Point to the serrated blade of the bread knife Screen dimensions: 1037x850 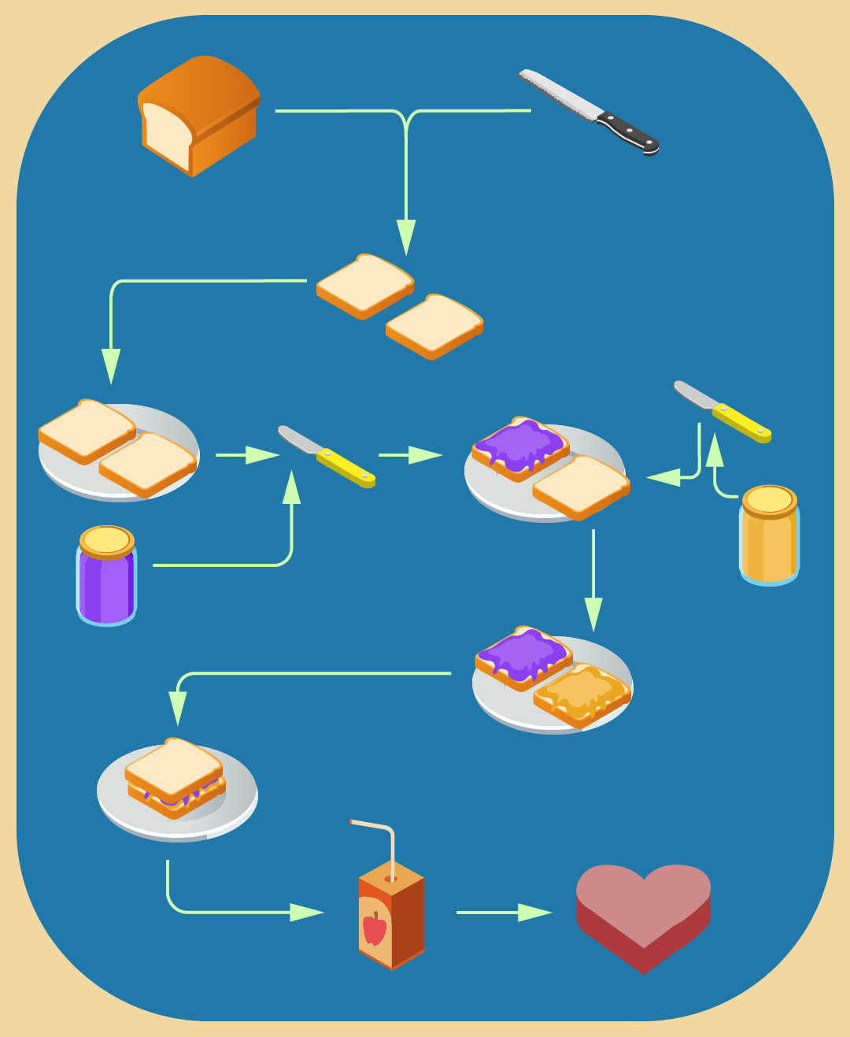click(559, 94)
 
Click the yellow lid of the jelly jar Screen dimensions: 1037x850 click(107, 540)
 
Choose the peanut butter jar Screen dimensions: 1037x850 click(769, 543)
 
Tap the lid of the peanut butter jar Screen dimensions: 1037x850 click(770, 500)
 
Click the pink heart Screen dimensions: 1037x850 click(643, 913)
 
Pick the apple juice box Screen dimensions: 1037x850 click(391, 917)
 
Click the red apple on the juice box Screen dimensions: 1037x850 click(375, 928)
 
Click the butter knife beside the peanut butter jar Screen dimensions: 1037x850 click(722, 412)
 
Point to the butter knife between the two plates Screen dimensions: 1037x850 click(326, 457)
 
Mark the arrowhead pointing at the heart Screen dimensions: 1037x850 click(534, 913)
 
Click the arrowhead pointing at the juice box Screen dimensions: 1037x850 click(306, 913)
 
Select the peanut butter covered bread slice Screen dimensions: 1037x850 click(582, 694)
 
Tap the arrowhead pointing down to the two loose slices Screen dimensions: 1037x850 click(406, 236)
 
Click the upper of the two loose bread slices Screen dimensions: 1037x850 click(364, 284)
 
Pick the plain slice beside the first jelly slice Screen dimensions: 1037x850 click(581, 486)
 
